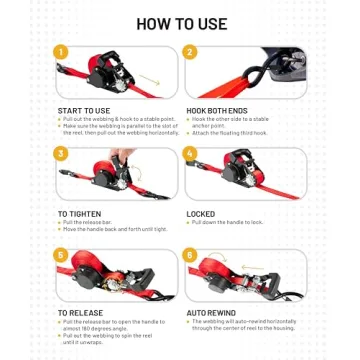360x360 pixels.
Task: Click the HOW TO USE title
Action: (x=180, y=21)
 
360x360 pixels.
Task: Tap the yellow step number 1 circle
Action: (x=62, y=52)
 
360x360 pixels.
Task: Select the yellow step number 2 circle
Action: (x=190, y=52)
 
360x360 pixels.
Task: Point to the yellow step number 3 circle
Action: (x=62, y=153)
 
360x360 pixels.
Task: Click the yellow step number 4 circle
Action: (x=190, y=153)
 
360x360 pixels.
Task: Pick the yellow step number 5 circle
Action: (x=62, y=255)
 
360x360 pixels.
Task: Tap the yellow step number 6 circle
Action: (x=190, y=255)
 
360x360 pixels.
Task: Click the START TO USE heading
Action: (x=84, y=110)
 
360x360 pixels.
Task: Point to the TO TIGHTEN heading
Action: (x=78, y=213)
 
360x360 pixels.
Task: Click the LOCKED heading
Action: (x=200, y=213)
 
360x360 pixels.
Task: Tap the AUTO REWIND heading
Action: (x=211, y=313)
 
